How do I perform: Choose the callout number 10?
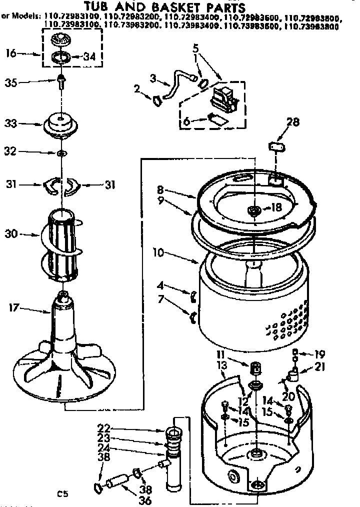coord(159,253)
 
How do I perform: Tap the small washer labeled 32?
coord(60,152)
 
